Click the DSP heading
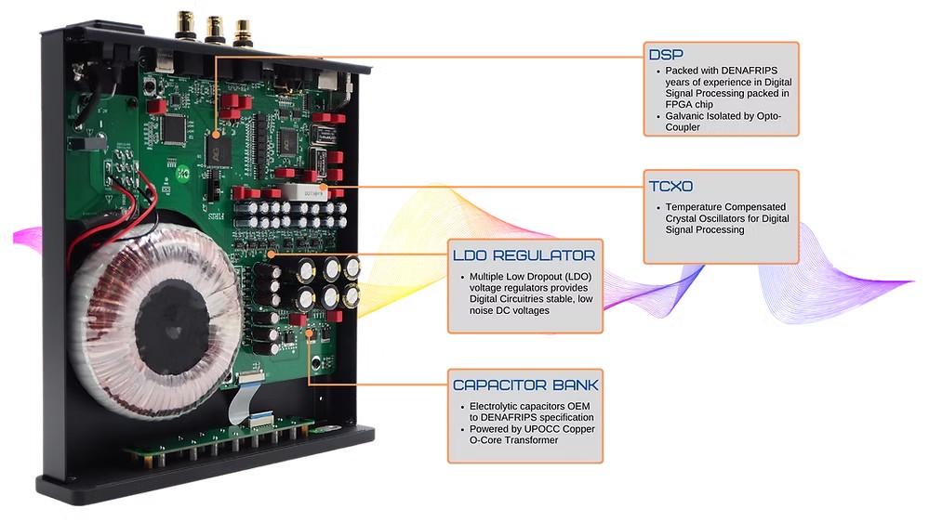(667, 55)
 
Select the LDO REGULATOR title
(523, 254)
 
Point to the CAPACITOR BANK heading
(525, 385)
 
